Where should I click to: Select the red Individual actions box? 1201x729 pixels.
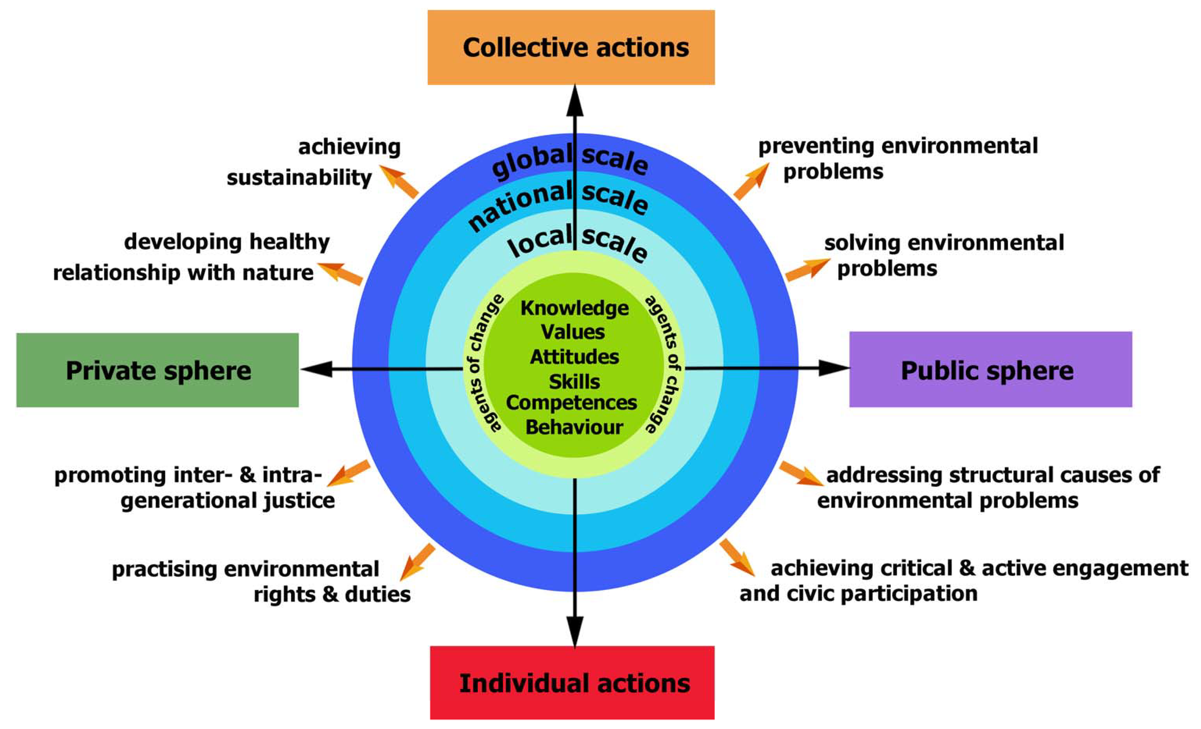point(572,682)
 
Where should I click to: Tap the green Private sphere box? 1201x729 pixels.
point(157,370)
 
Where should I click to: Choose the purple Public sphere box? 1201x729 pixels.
point(990,369)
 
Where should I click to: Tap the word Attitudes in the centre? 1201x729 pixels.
point(574,357)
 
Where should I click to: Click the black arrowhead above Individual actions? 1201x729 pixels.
point(575,631)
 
